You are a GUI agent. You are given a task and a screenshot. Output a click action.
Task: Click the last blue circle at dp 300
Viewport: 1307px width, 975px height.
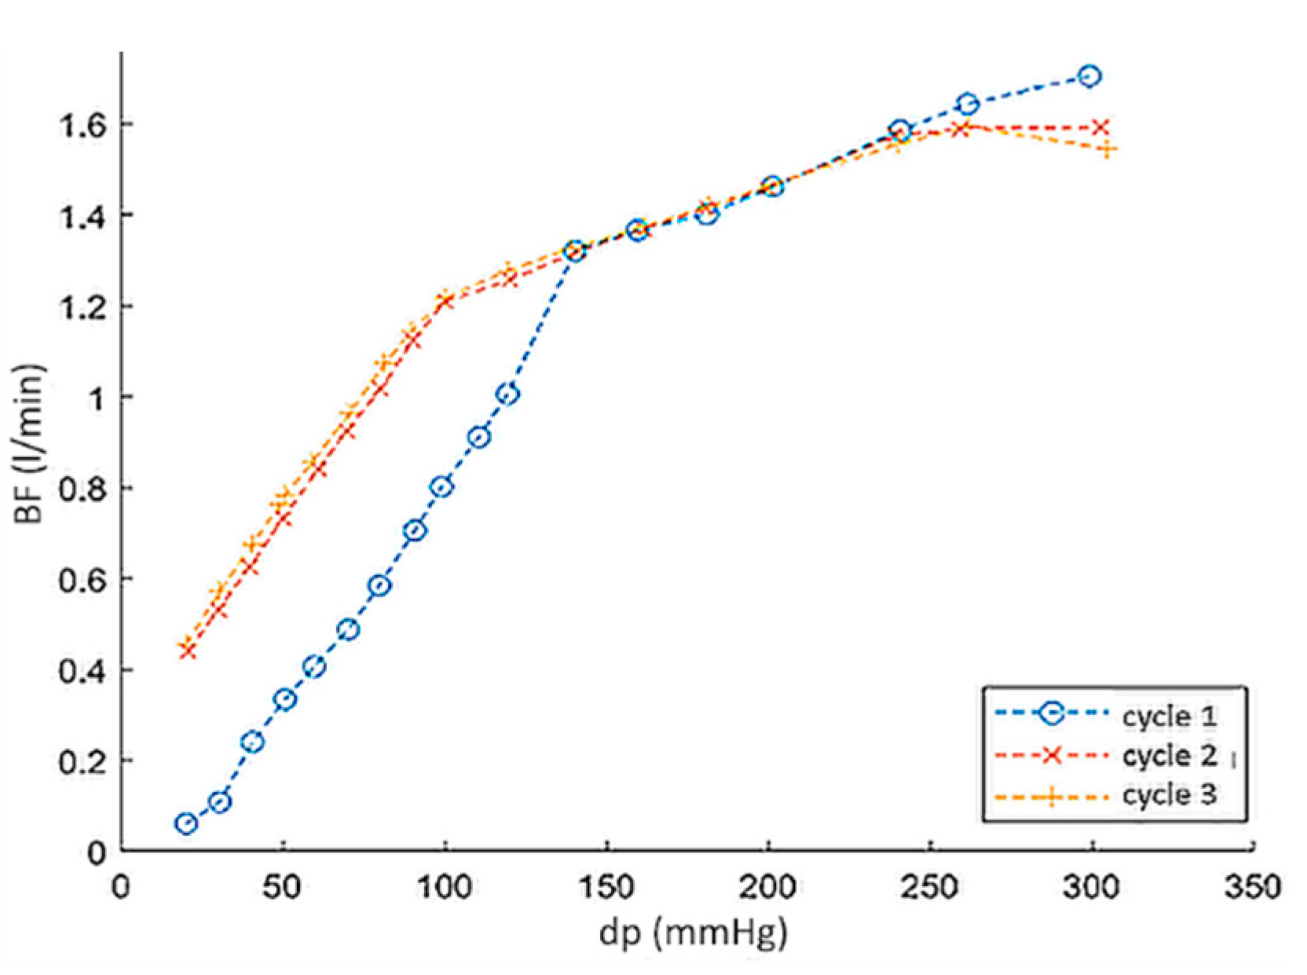[1089, 76]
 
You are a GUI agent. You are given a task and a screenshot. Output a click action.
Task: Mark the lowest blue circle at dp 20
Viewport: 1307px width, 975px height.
[186, 823]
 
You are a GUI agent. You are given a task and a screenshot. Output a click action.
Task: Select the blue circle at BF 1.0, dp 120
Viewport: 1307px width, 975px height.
[508, 394]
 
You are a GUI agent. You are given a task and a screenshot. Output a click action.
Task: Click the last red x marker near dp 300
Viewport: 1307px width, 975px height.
[1100, 127]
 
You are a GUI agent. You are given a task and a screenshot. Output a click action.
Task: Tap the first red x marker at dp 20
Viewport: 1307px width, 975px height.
[187, 651]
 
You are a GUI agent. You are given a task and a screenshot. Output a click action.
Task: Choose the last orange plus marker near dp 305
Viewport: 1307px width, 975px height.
[1107, 149]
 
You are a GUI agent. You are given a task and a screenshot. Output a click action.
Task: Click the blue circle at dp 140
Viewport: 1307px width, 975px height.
[575, 251]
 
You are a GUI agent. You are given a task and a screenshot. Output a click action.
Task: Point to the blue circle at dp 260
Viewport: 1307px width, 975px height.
[968, 104]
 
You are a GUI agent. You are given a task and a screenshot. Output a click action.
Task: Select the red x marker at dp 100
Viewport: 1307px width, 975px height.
[445, 302]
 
